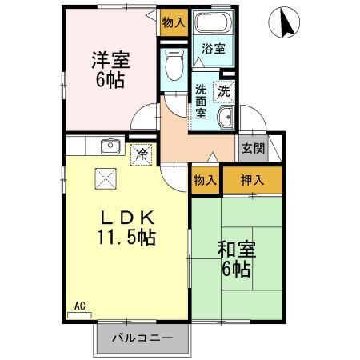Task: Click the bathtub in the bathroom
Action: click(213, 24)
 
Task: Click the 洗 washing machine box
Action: click(225, 90)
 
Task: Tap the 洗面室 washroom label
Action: click(202, 101)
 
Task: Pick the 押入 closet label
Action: click(252, 180)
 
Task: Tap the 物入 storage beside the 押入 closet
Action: click(205, 180)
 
